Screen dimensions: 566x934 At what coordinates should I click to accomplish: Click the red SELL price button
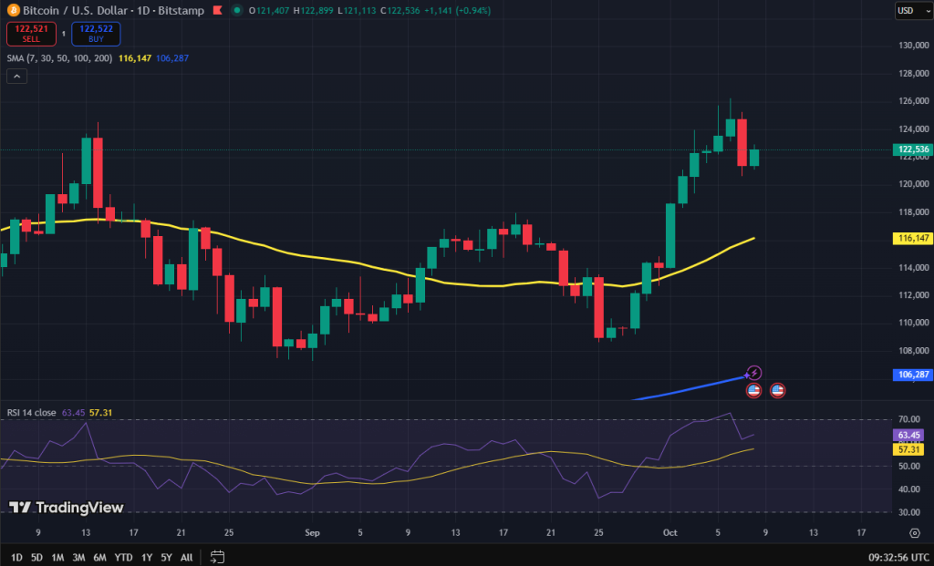click(x=31, y=34)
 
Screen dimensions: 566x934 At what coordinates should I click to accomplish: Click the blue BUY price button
click(x=96, y=34)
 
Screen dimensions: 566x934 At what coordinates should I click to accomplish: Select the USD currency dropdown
click(x=907, y=11)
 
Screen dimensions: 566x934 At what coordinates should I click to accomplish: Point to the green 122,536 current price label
click(x=913, y=149)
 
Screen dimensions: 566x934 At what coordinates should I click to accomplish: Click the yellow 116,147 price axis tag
click(x=913, y=238)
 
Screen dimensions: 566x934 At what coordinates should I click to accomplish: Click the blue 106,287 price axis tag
click(x=913, y=375)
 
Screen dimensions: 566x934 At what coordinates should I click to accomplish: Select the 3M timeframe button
click(x=79, y=557)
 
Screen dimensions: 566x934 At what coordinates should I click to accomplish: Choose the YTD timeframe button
click(x=124, y=557)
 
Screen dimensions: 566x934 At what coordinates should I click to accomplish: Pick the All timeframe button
click(x=186, y=557)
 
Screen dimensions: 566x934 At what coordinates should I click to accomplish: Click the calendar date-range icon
click(x=217, y=557)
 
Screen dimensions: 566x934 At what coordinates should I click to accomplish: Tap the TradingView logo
click(x=66, y=508)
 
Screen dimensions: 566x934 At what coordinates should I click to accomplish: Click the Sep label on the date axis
click(x=313, y=531)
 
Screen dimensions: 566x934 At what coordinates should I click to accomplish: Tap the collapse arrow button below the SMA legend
click(x=16, y=77)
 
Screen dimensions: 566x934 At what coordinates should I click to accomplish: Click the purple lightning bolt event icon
click(x=754, y=373)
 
